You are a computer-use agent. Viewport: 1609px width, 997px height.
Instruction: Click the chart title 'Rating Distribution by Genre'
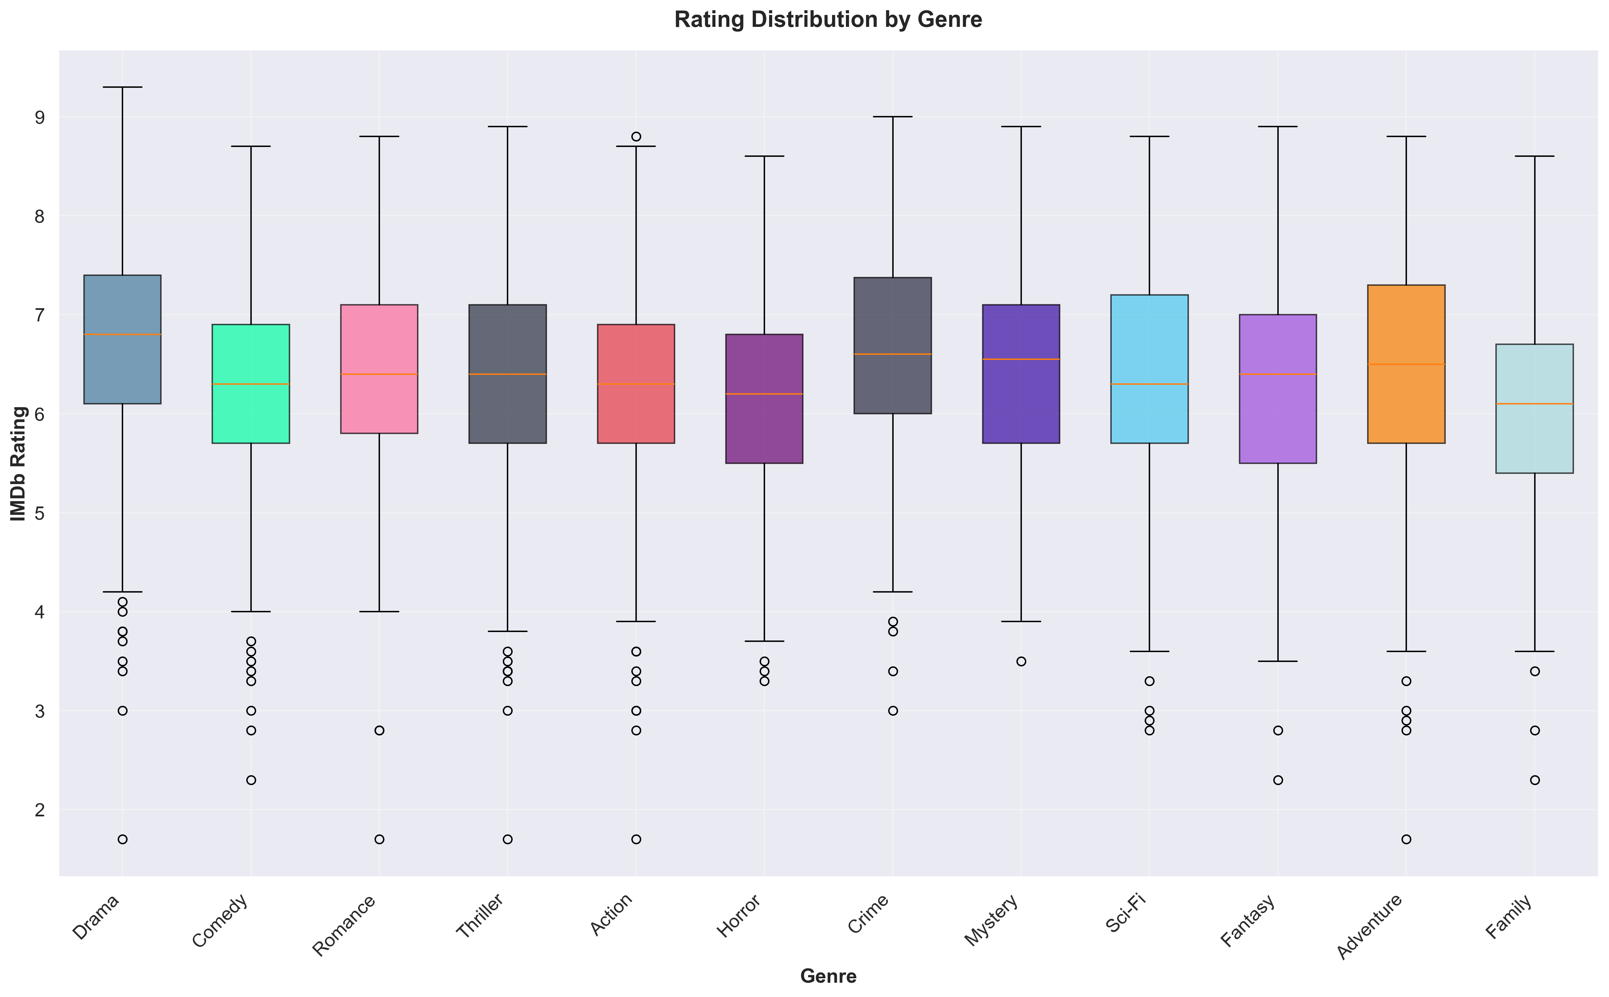pos(828,20)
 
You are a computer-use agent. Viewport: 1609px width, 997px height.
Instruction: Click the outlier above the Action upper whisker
pos(636,136)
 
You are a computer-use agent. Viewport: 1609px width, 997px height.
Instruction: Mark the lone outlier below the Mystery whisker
pos(1021,661)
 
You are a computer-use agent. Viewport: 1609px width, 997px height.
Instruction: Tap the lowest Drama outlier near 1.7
pos(122,840)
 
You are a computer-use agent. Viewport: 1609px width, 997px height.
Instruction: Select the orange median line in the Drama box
pos(122,334)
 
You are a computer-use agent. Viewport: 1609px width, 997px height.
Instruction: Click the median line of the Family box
pos(1535,403)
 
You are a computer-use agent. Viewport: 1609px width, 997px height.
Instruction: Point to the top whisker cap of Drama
pos(122,87)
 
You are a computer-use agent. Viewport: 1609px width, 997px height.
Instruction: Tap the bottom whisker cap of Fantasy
pos(1278,661)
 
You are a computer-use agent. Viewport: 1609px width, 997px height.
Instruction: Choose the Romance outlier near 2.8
pos(379,731)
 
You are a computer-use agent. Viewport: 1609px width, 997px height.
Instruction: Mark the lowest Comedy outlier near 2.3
pos(251,780)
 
